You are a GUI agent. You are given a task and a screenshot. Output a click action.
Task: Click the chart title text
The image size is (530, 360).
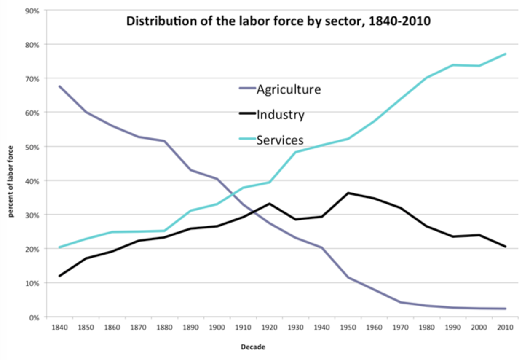pyautogui.click(x=278, y=21)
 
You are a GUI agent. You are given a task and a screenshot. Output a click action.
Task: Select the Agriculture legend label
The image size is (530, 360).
pyautogui.click(x=289, y=89)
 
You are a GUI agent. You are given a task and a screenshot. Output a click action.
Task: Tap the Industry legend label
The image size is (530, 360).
pyautogui.click(x=280, y=114)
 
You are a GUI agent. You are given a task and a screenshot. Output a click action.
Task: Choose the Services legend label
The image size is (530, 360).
pyautogui.click(x=280, y=140)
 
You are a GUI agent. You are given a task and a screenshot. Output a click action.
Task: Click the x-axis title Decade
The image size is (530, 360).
pyautogui.click(x=253, y=347)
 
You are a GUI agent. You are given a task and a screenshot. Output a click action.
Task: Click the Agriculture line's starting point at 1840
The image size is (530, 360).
pyautogui.click(x=60, y=86)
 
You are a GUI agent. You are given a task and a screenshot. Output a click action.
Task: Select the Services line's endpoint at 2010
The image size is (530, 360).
pyautogui.click(x=506, y=54)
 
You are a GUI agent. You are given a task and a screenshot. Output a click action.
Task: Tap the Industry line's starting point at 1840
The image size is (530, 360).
pyautogui.click(x=60, y=276)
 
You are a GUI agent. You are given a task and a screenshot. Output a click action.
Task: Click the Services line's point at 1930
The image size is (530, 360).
pyautogui.click(x=296, y=152)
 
